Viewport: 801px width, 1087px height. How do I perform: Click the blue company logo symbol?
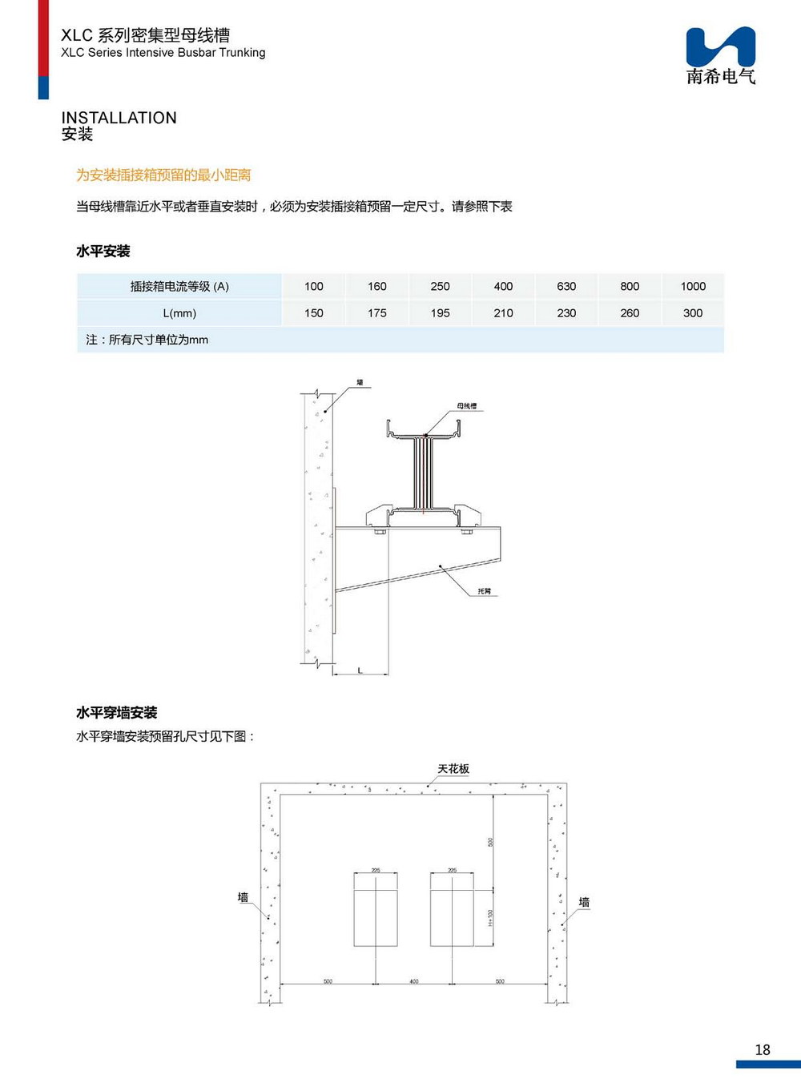[720, 46]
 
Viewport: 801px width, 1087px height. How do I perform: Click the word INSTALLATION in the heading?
[119, 118]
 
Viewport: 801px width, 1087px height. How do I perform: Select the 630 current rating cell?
[566, 287]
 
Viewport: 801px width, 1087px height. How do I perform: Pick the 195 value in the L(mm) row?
[440, 313]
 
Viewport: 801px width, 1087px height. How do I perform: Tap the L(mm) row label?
[179, 313]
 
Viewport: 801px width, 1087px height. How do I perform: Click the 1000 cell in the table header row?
[693, 287]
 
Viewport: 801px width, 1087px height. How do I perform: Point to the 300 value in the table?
[693, 313]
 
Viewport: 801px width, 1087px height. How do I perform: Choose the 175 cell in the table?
[377, 313]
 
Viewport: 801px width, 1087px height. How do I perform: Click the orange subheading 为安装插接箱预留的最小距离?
[163, 175]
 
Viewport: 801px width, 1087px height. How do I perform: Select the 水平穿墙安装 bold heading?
[116, 713]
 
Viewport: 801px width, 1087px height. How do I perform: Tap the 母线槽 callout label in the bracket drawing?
[467, 406]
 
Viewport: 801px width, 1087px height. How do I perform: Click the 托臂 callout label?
[485, 591]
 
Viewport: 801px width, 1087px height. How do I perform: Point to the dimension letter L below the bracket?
[360, 670]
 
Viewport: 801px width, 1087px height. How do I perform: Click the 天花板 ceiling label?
[453, 769]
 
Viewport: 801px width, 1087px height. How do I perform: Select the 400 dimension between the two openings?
[414, 981]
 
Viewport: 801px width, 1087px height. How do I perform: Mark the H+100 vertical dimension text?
[490, 918]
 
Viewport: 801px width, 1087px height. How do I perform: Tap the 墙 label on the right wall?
[584, 903]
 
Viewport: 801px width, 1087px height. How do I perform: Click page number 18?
[763, 1050]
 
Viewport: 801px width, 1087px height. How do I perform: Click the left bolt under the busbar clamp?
[380, 531]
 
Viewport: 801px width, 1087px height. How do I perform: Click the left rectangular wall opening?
[376, 909]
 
